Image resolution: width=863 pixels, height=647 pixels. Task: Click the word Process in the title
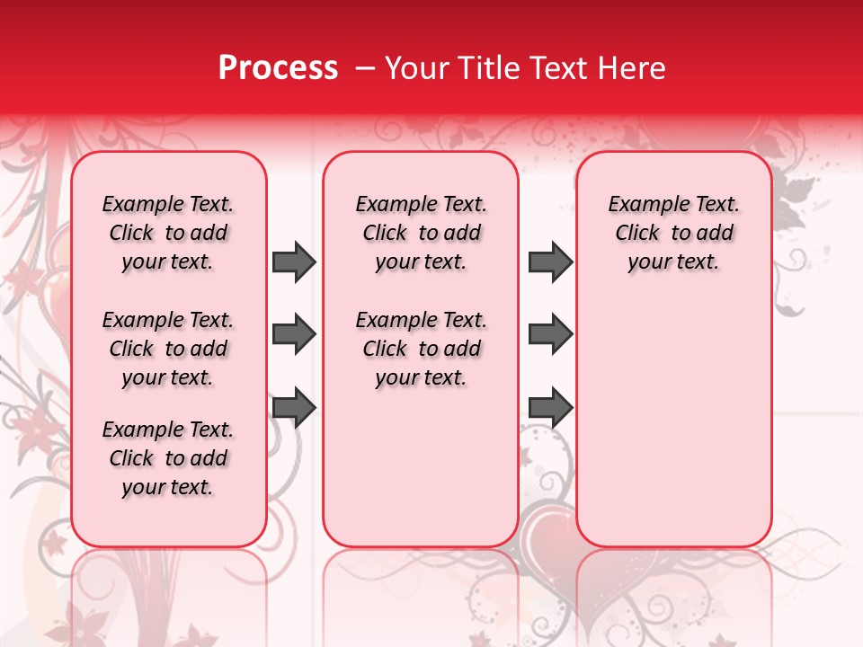click(x=278, y=68)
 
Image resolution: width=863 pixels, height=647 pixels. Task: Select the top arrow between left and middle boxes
click(x=294, y=261)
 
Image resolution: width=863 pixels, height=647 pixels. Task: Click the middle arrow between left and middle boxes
click(x=294, y=335)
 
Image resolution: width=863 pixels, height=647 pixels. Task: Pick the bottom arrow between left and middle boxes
click(x=294, y=408)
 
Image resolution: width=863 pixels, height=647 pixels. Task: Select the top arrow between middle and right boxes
click(x=550, y=261)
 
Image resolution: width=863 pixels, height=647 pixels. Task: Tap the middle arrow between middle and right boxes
click(x=550, y=335)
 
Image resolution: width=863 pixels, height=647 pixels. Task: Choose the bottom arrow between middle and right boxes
click(x=550, y=408)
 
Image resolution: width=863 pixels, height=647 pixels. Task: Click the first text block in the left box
click(x=168, y=233)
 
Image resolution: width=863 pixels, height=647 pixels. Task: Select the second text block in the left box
click(x=168, y=349)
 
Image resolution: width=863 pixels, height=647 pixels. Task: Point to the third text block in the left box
click(x=168, y=458)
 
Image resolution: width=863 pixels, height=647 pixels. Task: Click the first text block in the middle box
click(x=421, y=233)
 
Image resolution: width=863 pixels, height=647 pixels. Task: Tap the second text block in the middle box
click(x=421, y=349)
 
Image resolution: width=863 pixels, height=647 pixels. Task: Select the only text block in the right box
click(x=673, y=233)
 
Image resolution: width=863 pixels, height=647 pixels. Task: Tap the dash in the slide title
click(x=365, y=68)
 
